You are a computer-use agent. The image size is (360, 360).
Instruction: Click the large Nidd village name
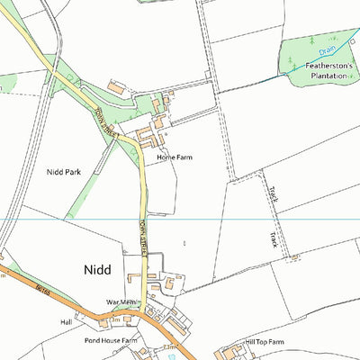(x=98, y=268)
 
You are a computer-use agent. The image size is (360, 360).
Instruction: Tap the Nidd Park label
(x=64, y=170)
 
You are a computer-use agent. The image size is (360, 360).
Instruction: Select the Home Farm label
(x=175, y=157)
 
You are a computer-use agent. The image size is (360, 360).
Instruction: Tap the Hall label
(x=66, y=321)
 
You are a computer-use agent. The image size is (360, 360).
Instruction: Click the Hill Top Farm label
(x=265, y=342)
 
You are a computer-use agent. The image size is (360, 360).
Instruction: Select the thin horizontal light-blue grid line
(x=225, y=220)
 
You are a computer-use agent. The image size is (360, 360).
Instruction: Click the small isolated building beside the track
(x=294, y=258)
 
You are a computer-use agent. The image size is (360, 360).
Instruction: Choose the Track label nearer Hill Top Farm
(x=273, y=238)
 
